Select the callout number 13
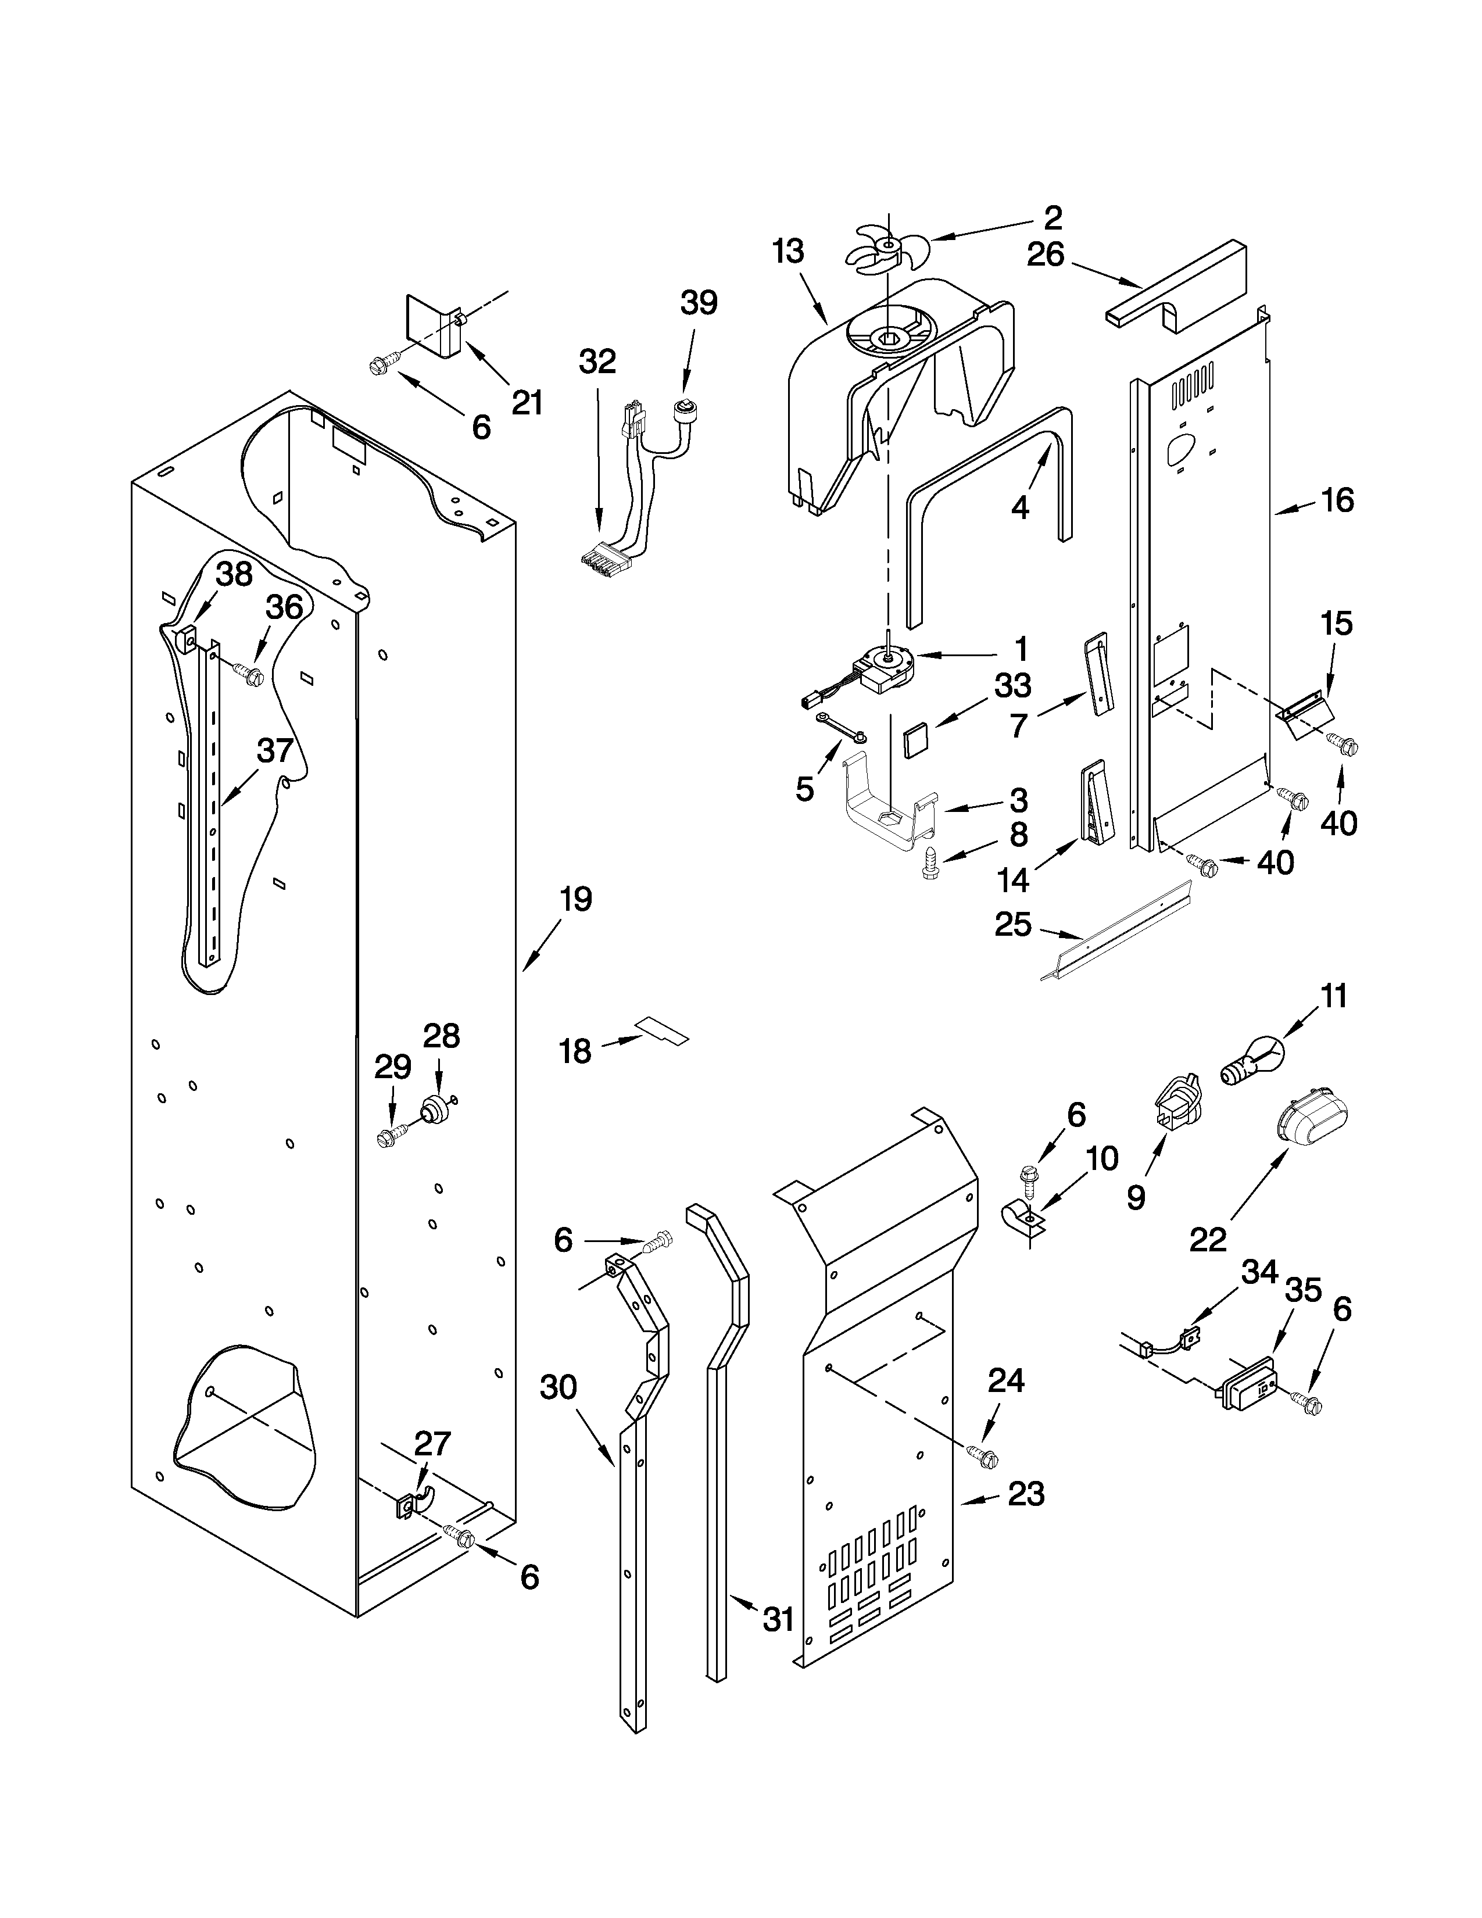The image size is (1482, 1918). click(787, 252)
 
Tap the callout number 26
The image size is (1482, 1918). click(1045, 255)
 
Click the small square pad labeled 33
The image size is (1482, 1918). click(917, 736)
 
